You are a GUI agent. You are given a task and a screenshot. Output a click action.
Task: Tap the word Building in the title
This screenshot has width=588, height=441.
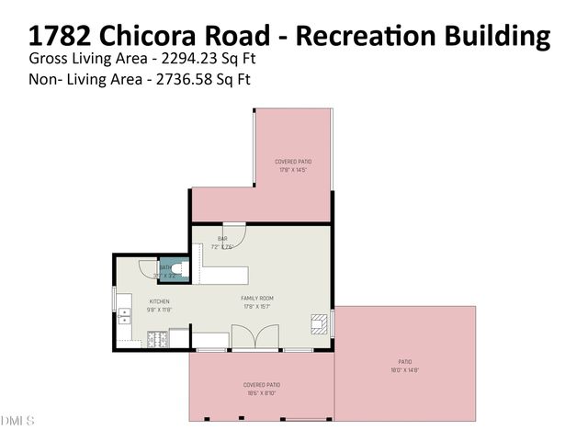click(495, 36)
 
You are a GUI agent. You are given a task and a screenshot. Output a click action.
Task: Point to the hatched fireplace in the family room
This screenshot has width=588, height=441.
click(320, 323)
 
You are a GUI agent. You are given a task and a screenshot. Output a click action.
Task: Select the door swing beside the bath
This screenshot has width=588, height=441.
click(149, 268)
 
